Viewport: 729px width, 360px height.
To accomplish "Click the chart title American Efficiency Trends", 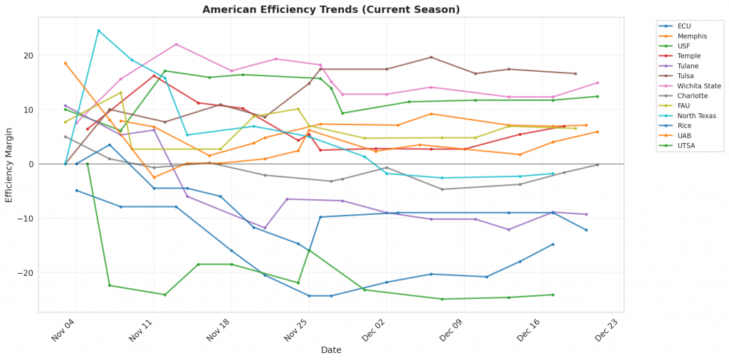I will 331,9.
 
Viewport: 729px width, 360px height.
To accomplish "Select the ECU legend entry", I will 684,26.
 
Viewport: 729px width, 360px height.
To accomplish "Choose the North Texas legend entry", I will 694,116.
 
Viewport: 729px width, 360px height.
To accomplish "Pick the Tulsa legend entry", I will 686,76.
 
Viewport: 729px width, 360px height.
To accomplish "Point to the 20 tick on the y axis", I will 29,55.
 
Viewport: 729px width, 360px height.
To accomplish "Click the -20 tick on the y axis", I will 27,273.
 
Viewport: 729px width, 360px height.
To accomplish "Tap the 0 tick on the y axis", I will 31,164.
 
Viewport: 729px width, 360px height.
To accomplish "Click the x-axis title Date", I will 331,350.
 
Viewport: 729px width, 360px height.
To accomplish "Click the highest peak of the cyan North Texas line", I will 98,31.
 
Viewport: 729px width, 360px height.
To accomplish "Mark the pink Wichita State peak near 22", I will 177,44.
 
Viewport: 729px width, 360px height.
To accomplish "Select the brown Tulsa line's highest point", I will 431,57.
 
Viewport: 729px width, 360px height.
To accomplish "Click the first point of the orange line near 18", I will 65,63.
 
